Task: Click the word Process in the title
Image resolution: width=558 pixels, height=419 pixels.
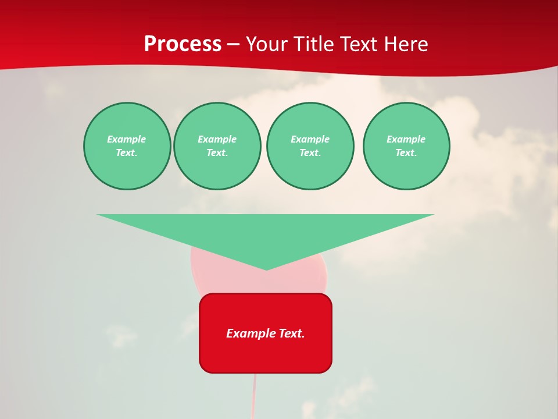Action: (183, 44)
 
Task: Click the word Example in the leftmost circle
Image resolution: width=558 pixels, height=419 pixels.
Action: (127, 139)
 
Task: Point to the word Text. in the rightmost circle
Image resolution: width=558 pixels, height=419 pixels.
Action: (406, 153)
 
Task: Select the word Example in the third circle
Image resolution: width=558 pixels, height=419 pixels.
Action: (310, 139)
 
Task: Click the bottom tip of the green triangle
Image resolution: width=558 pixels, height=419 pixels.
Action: (266, 269)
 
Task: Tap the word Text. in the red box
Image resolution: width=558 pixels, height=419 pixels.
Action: (291, 333)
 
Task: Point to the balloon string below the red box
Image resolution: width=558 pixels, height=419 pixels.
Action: (254, 396)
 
